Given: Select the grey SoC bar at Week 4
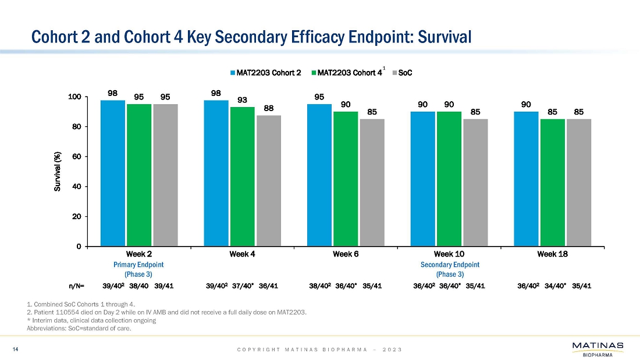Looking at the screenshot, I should coord(269,181).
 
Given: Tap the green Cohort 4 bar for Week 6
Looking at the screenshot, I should coord(346,179).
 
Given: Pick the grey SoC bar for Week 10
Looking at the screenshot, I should coord(475,183).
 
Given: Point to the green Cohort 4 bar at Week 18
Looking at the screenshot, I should coord(552,183).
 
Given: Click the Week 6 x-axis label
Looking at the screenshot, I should coord(346,254).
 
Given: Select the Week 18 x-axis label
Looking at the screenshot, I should coord(552,254).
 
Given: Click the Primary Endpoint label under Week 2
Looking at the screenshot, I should coord(138,265).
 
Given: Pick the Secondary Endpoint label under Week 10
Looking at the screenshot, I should coord(449,265).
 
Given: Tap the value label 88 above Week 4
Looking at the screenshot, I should coord(269,108).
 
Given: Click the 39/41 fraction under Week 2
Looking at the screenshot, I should coord(166,286).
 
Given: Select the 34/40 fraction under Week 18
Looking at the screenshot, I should coord(553,286).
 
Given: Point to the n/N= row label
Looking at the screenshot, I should coord(76,286).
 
